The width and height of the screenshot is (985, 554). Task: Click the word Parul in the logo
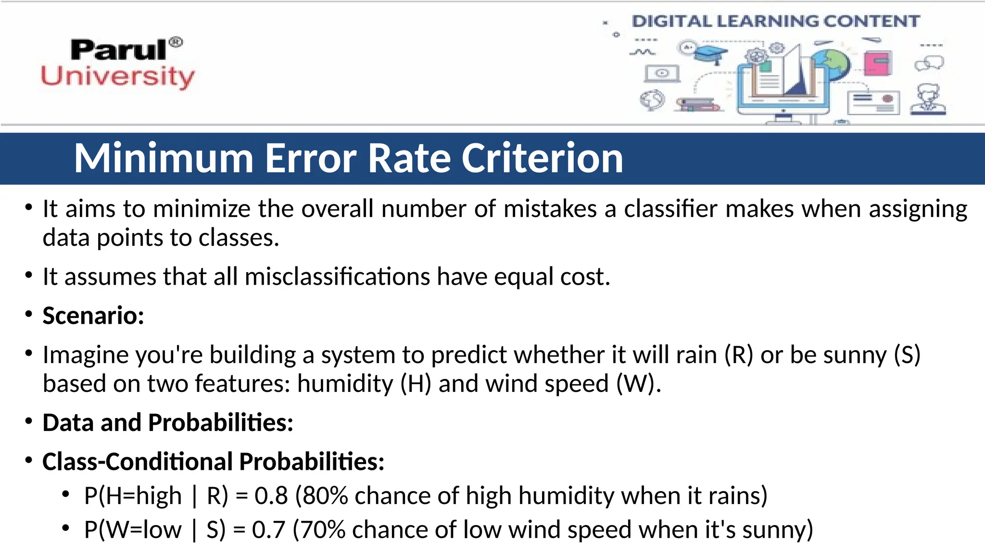(118, 50)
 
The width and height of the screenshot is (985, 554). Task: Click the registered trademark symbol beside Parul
(177, 42)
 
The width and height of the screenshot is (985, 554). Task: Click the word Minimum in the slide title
(164, 158)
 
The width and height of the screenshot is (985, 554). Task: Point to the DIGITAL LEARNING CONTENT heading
(775, 21)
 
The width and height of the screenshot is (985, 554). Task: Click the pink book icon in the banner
(878, 63)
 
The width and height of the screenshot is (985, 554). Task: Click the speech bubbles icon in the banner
(929, 63)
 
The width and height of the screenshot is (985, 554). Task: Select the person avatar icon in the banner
(928, 100)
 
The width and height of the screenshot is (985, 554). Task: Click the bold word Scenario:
(93, 316)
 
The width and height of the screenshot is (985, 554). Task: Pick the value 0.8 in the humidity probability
(271, 496)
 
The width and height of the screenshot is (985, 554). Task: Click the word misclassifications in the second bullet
(337, 277)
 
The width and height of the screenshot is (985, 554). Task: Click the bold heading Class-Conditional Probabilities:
(213, 462)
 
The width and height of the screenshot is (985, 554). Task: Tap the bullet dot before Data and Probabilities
(29, 422)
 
